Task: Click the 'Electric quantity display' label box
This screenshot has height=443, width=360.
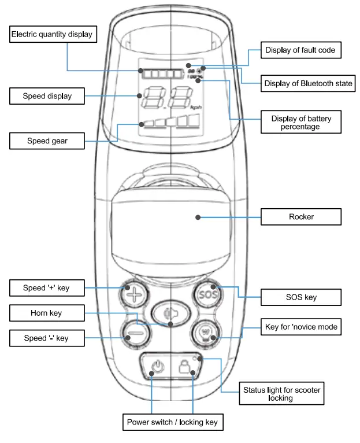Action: point(53,35)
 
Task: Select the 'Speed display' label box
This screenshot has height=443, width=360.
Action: point(47,96)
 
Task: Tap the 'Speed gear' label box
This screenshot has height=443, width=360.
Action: point(47,141)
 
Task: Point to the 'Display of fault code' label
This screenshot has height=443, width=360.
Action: point(300,50)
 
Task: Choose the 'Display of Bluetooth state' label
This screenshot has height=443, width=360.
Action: point(308,83)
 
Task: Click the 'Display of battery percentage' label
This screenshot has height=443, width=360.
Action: point(300,122)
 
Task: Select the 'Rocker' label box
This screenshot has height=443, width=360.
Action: point(301,217)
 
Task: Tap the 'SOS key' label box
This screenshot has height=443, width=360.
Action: point(301,297)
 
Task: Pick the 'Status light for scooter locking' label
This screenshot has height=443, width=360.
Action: point(281,394)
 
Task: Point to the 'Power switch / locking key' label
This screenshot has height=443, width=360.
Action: point(172,422)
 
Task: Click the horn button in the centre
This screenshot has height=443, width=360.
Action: point(170,313)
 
